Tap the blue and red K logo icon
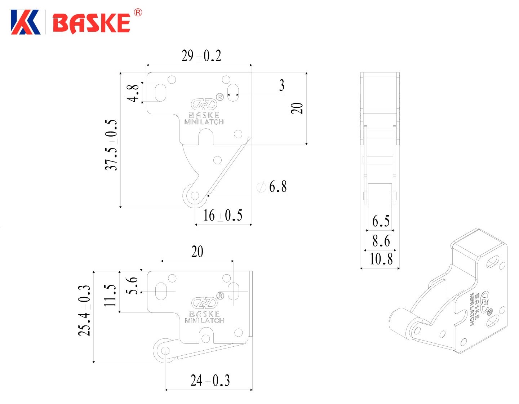pos(25,22)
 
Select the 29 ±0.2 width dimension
pos(201,56)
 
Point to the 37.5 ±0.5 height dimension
pos(111,145)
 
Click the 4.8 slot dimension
pos(133,93)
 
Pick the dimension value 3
pos(281,85)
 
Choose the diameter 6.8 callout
pos(271,187)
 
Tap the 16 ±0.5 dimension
pos(223,215)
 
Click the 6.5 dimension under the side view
pos(381,221)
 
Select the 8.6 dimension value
pos(381,241)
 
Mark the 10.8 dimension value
pos(381,259)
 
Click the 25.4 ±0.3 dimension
pos(85,311)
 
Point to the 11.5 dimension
pos(110,296)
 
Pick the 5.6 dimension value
pos(132,285)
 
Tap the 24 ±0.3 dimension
pos(210,380)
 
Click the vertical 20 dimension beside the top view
pos(297,108)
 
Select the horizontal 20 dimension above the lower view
pos(197,252)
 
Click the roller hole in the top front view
pos(195,196)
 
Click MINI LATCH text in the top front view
pos(204,122)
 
